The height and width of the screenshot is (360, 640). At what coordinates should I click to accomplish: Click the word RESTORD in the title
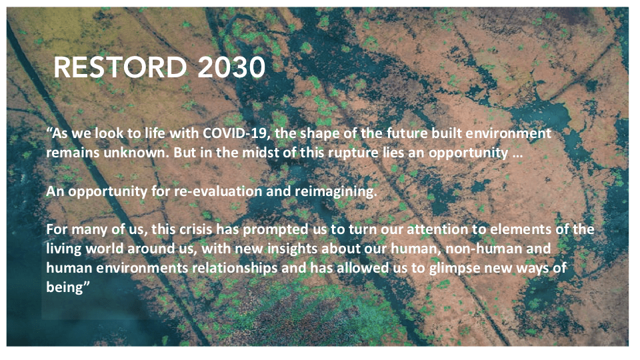[120, 67]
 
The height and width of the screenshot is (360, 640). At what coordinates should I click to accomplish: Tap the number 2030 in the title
[231, 67]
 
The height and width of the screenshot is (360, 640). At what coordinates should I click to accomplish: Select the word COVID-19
[237, 133]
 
